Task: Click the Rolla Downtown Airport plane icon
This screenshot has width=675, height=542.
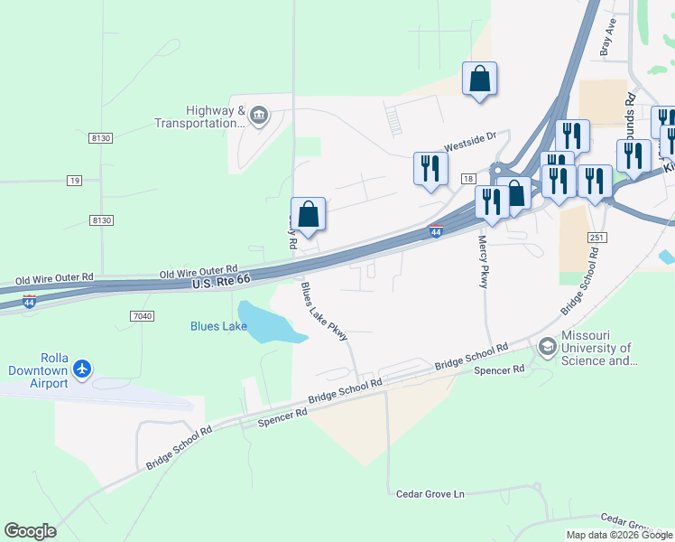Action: (82, 369)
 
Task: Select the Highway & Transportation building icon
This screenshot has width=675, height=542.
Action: (259, 114)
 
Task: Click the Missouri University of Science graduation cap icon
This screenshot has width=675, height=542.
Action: (547, 347)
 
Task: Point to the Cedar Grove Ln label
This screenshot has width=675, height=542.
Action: (430, 494)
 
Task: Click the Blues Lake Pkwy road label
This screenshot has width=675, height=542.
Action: (324, 312)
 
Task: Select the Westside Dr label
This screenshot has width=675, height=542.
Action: (468, 141)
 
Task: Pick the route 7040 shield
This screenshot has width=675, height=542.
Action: (143, 315)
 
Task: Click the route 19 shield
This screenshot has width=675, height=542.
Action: (74, 181)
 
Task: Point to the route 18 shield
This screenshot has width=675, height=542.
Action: (467, 180)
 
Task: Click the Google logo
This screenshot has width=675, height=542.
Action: (30, 530)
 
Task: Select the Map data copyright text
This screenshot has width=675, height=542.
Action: (620, 535)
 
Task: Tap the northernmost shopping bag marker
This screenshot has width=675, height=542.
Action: (480, 79)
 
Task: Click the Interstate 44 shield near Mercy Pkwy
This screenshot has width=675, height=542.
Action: (436, 232)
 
